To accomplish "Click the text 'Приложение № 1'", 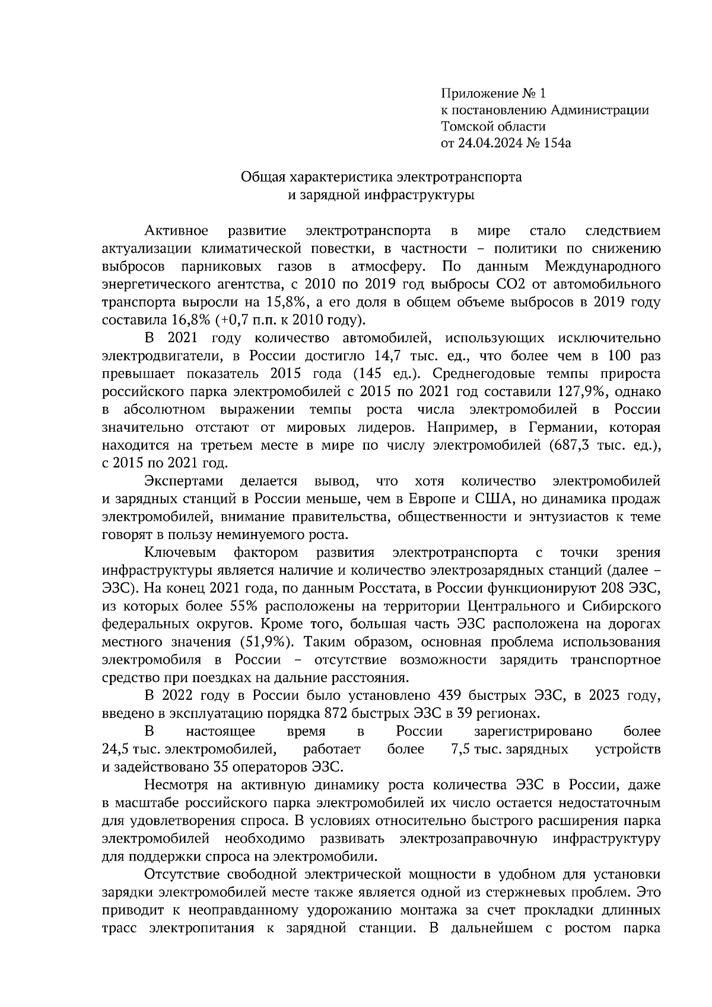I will (492, 93).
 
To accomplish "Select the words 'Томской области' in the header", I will (493, 126).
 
